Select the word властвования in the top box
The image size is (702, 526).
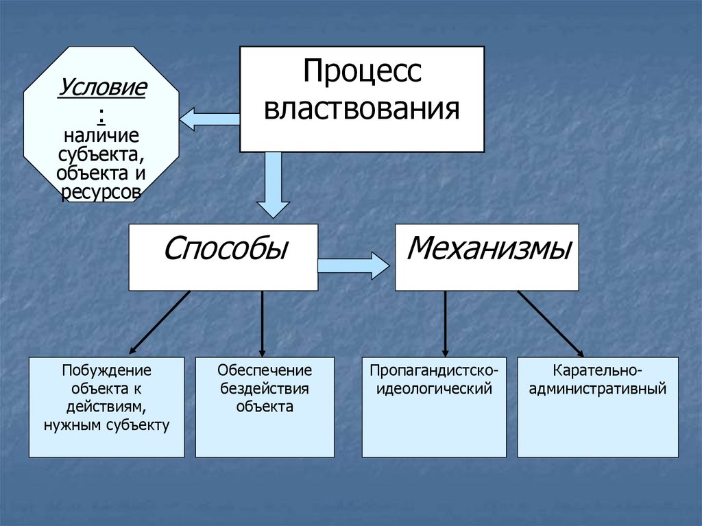361,108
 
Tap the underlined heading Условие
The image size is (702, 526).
102,88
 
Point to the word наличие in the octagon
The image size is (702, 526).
101,134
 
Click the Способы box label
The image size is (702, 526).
225,248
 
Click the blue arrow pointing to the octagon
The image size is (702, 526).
209,119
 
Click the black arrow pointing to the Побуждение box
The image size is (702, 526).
159,321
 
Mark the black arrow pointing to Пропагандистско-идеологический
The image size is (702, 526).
446,322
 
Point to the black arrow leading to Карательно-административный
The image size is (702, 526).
550,322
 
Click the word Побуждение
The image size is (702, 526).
106,371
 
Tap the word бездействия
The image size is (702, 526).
265,389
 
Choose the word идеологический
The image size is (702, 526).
434,390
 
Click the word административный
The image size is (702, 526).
598,390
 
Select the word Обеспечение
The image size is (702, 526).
265,371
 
